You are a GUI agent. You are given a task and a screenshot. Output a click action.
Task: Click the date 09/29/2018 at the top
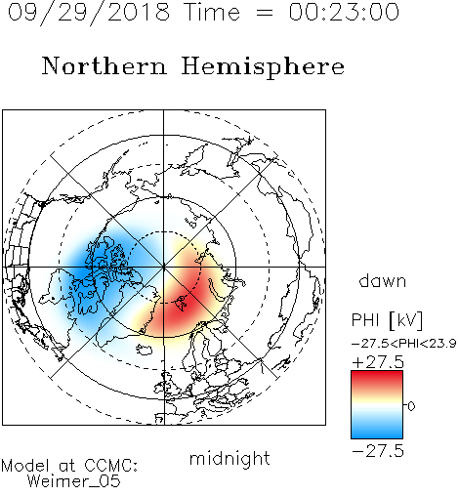coord(89,13)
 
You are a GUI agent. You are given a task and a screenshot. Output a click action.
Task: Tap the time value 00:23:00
coord(344,12)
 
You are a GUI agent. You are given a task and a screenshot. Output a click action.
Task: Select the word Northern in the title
coord(104,65)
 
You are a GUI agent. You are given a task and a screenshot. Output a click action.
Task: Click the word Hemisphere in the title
coord(263,66)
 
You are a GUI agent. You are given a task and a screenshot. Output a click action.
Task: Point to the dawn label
coord(383,280)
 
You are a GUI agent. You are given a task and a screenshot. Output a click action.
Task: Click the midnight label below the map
coord(229,458)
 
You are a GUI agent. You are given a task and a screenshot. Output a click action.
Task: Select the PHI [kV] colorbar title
coord(387,320)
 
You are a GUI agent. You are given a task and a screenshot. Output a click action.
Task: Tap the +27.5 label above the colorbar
coord(378,362)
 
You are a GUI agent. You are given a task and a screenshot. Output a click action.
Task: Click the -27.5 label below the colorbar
coord(378,451)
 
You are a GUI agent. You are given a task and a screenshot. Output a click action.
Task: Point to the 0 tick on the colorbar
coord(411,406)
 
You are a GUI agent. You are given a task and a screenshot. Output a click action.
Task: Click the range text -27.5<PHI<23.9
coord(403,344)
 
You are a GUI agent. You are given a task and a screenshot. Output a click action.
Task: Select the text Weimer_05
coord(74,481)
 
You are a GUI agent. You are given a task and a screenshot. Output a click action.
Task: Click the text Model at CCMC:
coord(69,466)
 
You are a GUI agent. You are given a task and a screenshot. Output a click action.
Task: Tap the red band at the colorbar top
coord(377,378)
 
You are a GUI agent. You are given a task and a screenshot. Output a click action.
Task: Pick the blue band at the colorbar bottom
coord(377,433)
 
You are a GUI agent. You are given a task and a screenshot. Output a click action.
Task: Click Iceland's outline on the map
coord(145,351)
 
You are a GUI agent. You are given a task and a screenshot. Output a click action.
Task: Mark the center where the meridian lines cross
coord(164,267)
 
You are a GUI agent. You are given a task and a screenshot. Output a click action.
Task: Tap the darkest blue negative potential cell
coord(95,267)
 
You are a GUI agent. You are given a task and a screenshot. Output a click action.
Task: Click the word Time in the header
coord(212,12)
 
